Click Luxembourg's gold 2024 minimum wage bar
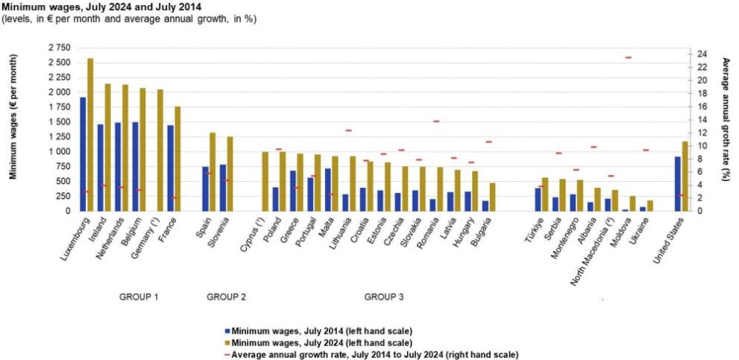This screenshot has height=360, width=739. (90, 135)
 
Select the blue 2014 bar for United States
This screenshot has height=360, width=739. (677, 183)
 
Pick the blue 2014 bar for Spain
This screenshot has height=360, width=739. (205, 189)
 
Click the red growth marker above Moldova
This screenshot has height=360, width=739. (628, 57)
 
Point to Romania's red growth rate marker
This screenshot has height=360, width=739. (436, 121)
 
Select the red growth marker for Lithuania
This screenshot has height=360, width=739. (348, 130)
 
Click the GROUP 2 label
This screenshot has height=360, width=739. (226, 297)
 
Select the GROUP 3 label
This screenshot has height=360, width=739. (384, 297)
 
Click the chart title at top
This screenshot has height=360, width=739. (104, 5)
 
